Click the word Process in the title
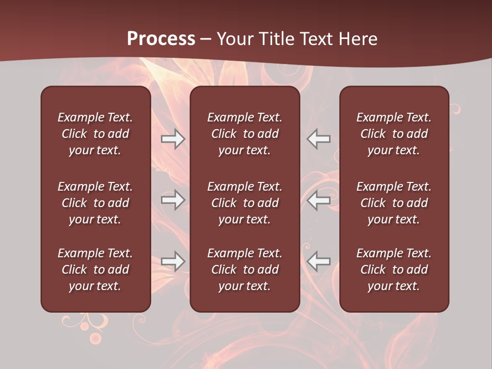[161, 38]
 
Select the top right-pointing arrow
[173, 139]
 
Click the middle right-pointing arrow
[173, 200]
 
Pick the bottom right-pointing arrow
[173, 261]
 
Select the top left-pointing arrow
[318, 139]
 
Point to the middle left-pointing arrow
[318, 200]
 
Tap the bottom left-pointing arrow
[318, 261]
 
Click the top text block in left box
[95, 134]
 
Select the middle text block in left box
[95, 203]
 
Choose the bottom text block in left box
[95, 270]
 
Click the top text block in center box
[244, 134]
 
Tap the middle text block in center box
[244, 203]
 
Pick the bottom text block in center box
[244, 270]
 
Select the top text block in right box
[394, 134]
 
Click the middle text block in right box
[394, 203]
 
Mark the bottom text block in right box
[394, 270]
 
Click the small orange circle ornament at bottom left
[95, 338]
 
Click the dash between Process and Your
[206, 39]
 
